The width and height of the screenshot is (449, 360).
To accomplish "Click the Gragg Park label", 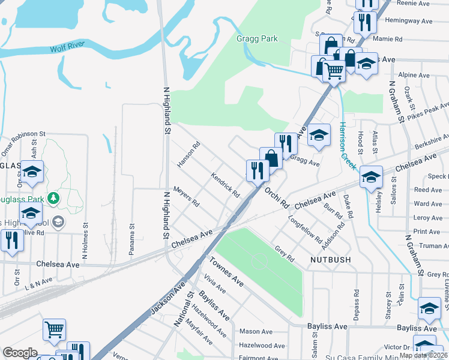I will (256, 38).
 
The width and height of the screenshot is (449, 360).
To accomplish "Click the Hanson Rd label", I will (188, 154).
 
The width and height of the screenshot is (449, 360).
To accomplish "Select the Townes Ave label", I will (226, 271).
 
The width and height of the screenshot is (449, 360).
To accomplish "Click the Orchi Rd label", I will (277, 197).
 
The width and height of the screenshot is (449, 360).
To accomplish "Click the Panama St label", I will (131, 239).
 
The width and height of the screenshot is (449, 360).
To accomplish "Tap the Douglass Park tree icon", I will (54, 197).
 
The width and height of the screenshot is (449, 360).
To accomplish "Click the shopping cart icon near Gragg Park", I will (334, 71).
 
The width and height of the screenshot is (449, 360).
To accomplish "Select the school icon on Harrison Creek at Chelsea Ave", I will (372, 176).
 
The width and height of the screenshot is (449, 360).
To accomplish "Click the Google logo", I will (20, 353).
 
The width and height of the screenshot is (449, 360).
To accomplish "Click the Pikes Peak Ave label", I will (427, 110).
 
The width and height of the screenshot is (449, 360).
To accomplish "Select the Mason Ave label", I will (256, 331).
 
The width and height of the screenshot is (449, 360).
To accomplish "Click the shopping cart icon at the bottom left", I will (54, 329).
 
